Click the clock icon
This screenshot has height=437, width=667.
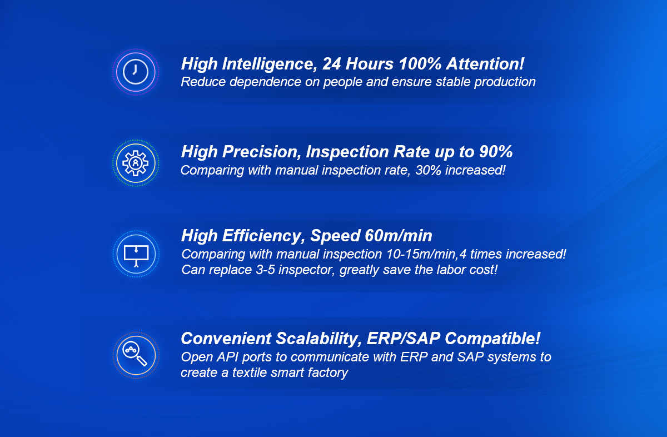click(x=136, y=72)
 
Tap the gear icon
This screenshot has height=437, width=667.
click(x=136, y=163)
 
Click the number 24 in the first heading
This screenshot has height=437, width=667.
click(x=332, y=64)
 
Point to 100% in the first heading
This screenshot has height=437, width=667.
click(x=420, y=64)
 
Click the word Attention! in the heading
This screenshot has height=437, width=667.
click(x=485, y=64)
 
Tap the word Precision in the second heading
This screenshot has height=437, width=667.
click(x=261, y=152)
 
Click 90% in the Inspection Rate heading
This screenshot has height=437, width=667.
click(x=496, y=152)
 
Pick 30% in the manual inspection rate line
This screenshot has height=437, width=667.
click(x=428, y=170)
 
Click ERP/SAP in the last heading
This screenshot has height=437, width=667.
click(x=403, y=339)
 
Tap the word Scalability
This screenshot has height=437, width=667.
click(x=318, y=339)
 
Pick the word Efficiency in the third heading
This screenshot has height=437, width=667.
click(x=261, y=236)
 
